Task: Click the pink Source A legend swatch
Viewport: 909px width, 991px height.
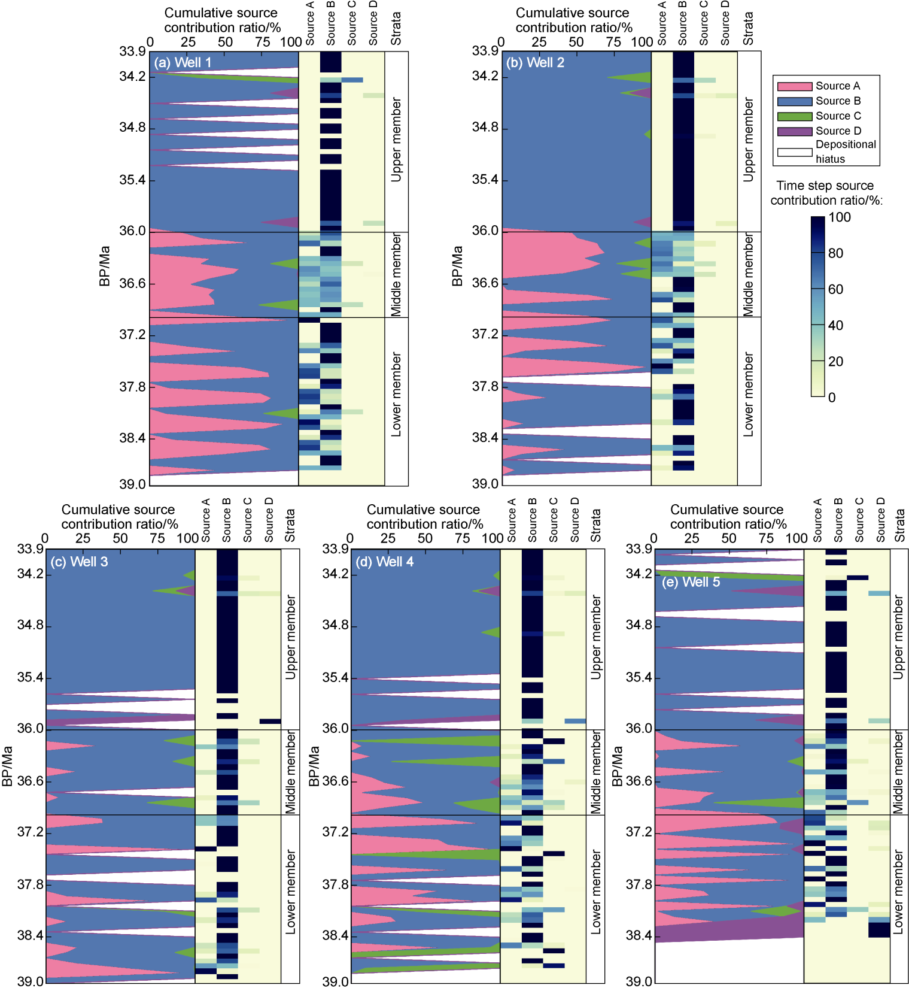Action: pyautogui.click(x=795, y=86)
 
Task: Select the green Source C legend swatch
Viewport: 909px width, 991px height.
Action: pyautogui.click(x=795, y=116)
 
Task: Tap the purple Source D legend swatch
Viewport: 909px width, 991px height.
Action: pyautogui.click(x=795, y=131)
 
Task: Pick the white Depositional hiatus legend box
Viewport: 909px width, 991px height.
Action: pyautogui.click(x=795, y=152)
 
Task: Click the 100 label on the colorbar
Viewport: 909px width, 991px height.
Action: pyautogui.click(x=840, y=217)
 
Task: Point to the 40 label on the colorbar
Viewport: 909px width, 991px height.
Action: pyautogui.click(x=835, y=325)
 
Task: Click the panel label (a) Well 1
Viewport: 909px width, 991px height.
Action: pyautogui.click(x=183, y=62)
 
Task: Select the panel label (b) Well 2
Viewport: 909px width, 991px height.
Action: pyautogui.click(x=535, y=62)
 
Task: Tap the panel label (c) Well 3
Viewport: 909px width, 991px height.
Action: pyautogui.click(x=79, y=562)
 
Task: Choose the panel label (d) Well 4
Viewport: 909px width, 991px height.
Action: pyautogui.click(x=384, y=562)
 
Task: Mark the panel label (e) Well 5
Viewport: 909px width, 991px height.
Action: pyautogui.click(x=691, y=582)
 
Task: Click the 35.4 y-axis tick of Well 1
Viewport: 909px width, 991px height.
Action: pyautogui.click(x=133, y=180)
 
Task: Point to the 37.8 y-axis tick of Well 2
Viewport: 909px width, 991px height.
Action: pyautogui.click(x=485, y=386)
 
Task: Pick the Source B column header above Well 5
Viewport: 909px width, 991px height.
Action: pyautogui.click(x=838, y=520)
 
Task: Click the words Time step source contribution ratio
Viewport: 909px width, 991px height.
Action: pyautogui.click(x=826, y=193)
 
